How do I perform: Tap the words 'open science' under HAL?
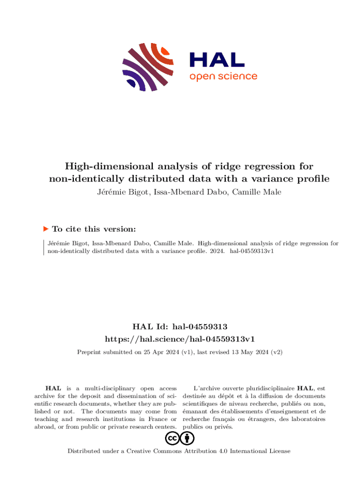[223, 76]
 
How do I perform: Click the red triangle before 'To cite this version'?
[46, 229]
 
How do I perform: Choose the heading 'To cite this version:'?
[94, 229]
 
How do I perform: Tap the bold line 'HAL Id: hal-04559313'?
[180, 326]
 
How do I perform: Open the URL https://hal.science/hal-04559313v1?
[180, 338]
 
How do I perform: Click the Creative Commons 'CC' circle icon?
[172, 438]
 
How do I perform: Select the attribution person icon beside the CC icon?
[187, 438]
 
